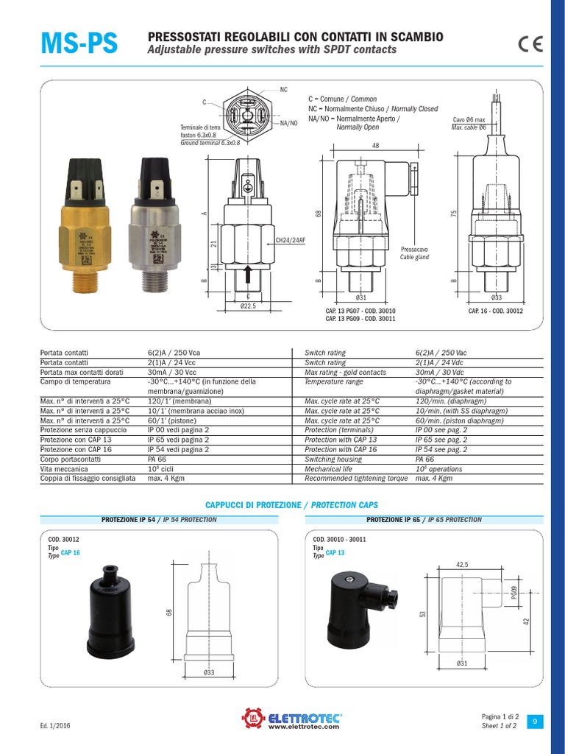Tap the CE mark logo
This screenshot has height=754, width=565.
tap(530, 44)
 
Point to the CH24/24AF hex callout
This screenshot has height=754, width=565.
tap(289, 240)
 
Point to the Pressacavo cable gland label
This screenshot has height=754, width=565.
tap(413, 254)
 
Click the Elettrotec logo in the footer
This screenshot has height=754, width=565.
tap(293, 719)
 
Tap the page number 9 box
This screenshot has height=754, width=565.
tap(535, 721)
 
